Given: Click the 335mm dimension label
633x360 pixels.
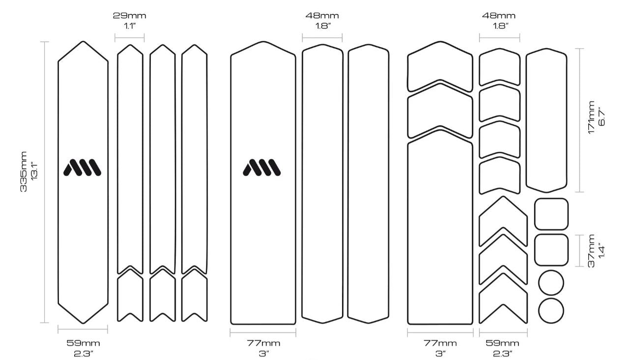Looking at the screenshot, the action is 24,172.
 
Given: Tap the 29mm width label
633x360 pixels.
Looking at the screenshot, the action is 130,16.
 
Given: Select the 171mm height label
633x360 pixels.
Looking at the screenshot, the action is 591,117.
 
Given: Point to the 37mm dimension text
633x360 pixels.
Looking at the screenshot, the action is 591,251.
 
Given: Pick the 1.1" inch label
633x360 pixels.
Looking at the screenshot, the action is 130,26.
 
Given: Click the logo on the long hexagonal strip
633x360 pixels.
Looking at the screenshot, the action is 82,167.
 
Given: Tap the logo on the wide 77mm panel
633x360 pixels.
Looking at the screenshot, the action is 261,167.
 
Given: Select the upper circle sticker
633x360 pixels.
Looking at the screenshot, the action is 551,283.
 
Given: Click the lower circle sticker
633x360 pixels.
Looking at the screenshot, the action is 551,311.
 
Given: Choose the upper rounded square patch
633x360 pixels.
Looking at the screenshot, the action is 551,214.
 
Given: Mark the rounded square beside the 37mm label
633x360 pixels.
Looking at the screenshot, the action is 551,250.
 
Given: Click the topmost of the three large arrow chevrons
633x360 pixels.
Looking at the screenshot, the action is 503,221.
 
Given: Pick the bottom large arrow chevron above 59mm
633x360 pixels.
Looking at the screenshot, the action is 503,298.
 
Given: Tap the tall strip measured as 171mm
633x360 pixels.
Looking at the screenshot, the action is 546,120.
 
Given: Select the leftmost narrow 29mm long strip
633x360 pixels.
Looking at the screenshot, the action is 130,159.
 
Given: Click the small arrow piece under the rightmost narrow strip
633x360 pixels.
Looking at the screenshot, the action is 195,295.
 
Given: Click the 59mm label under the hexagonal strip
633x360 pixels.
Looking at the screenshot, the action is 83,343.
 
